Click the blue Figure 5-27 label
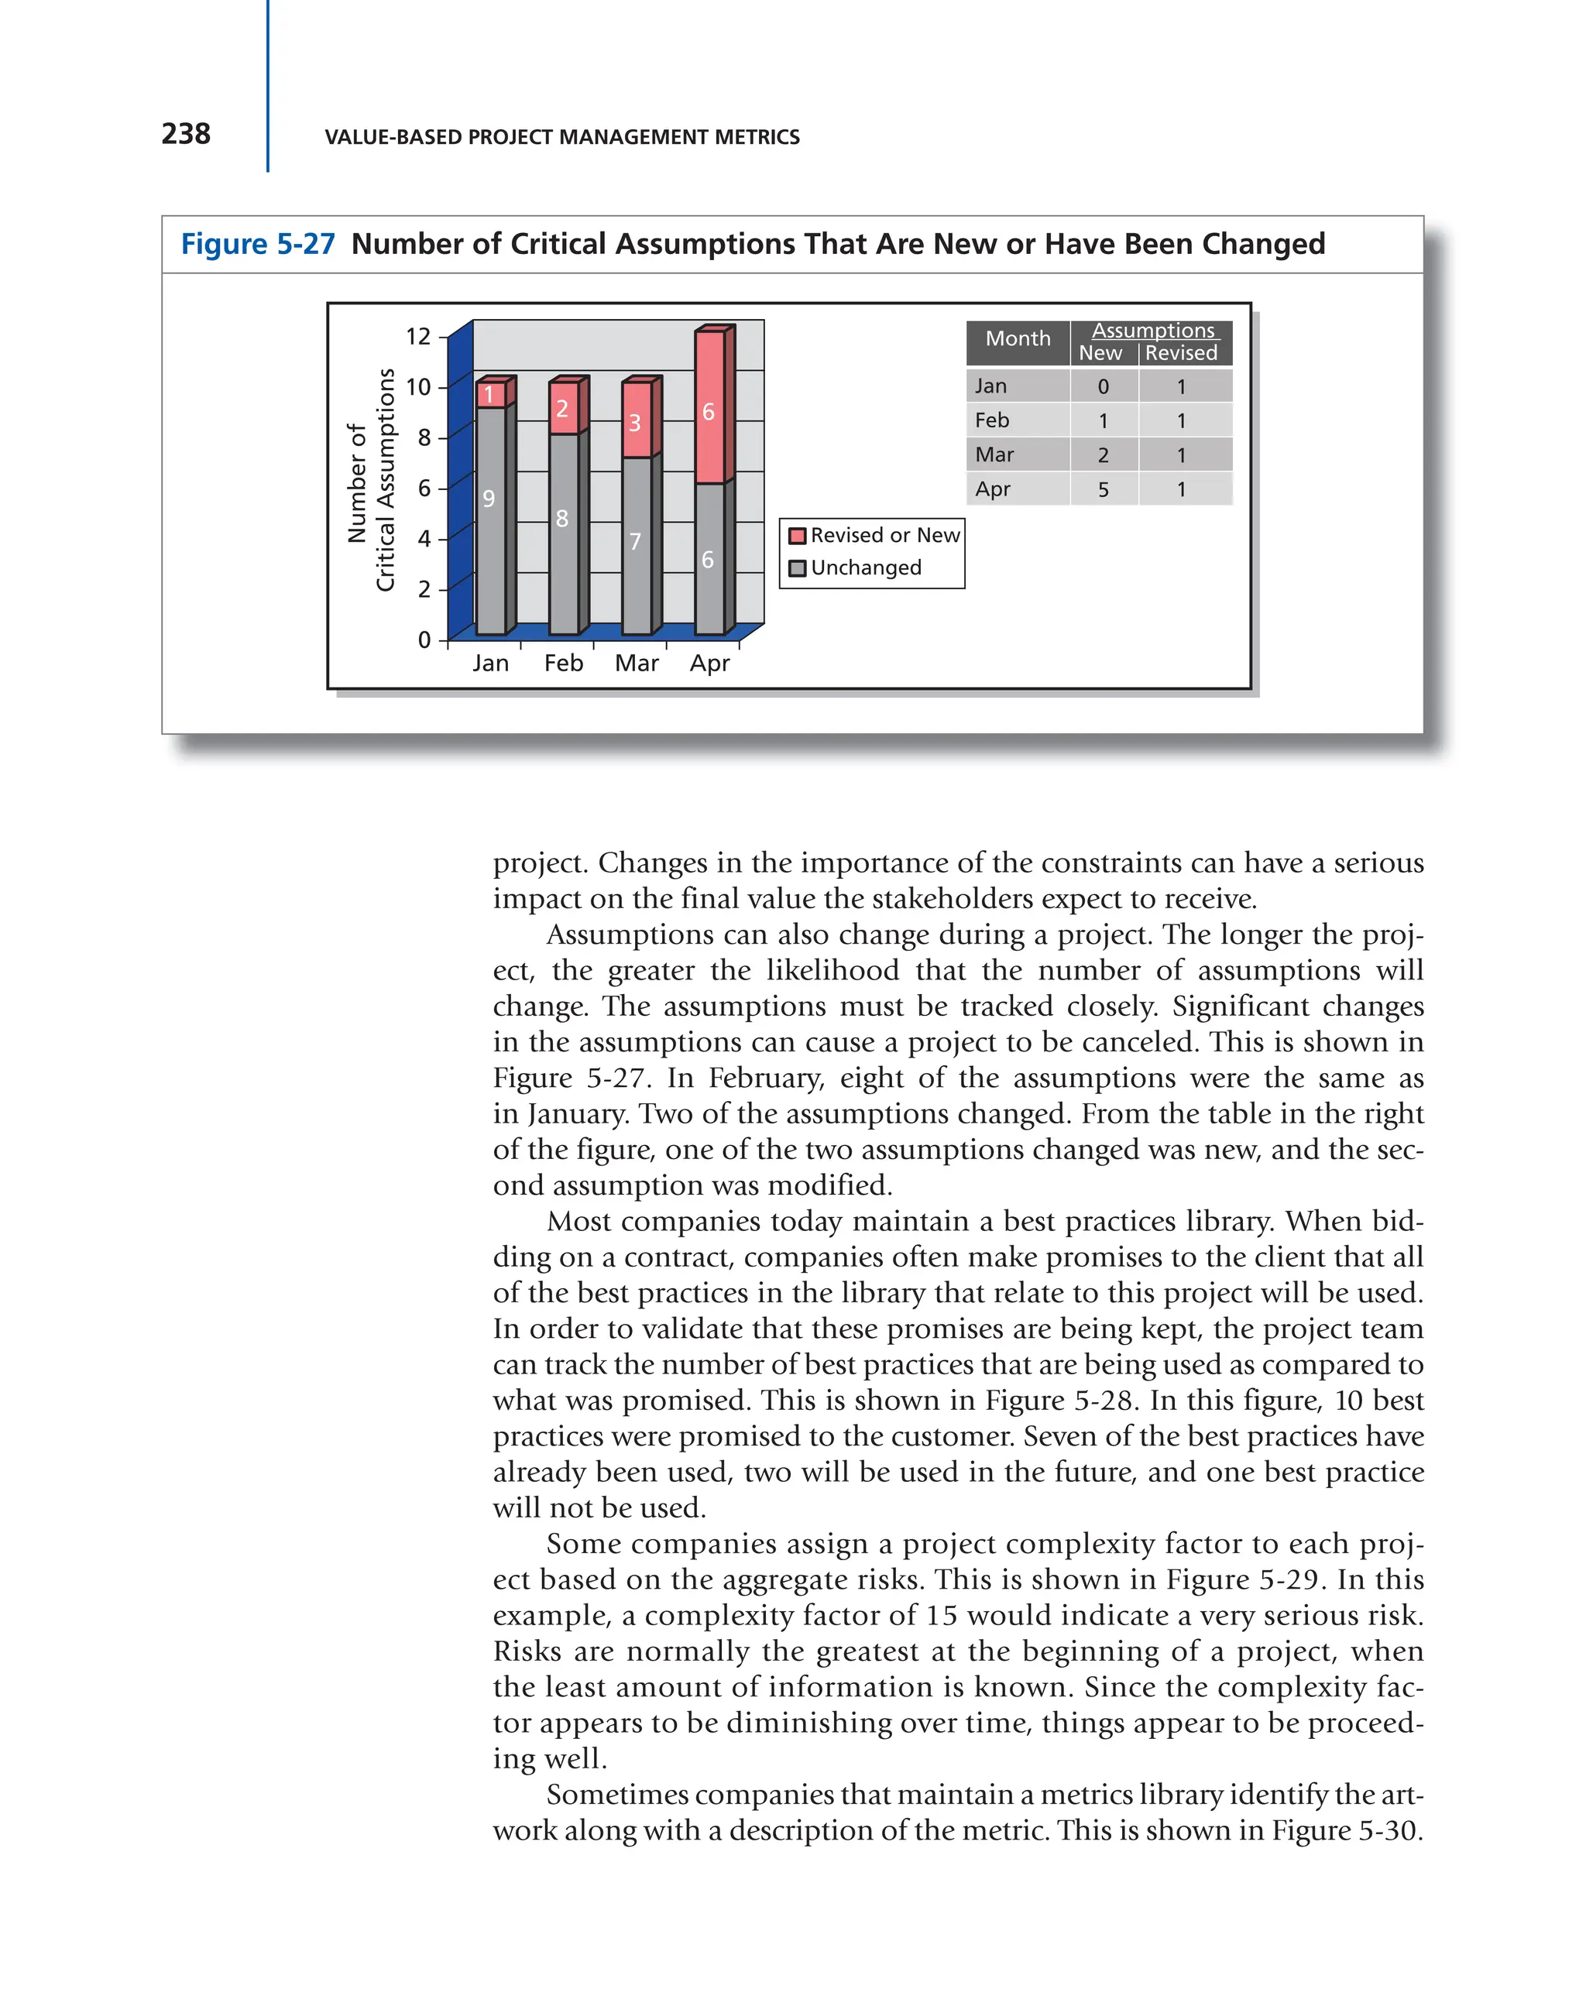(x=257, y=244)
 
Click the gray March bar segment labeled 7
(x=636, y=544)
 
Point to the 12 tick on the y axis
(x=418, y=336)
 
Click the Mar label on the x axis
(x=636, y=664)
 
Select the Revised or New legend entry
(x=874, y=535)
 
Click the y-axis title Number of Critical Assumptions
(x=371, y=481)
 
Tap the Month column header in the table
(x=1017, y=338)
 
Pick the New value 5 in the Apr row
(x=1103, y=490)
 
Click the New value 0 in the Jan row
(x=1103, y=386)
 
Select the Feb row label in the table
(x=992, y=420)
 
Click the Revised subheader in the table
(x=1180, y=353)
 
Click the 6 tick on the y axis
(x=424, y=488)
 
